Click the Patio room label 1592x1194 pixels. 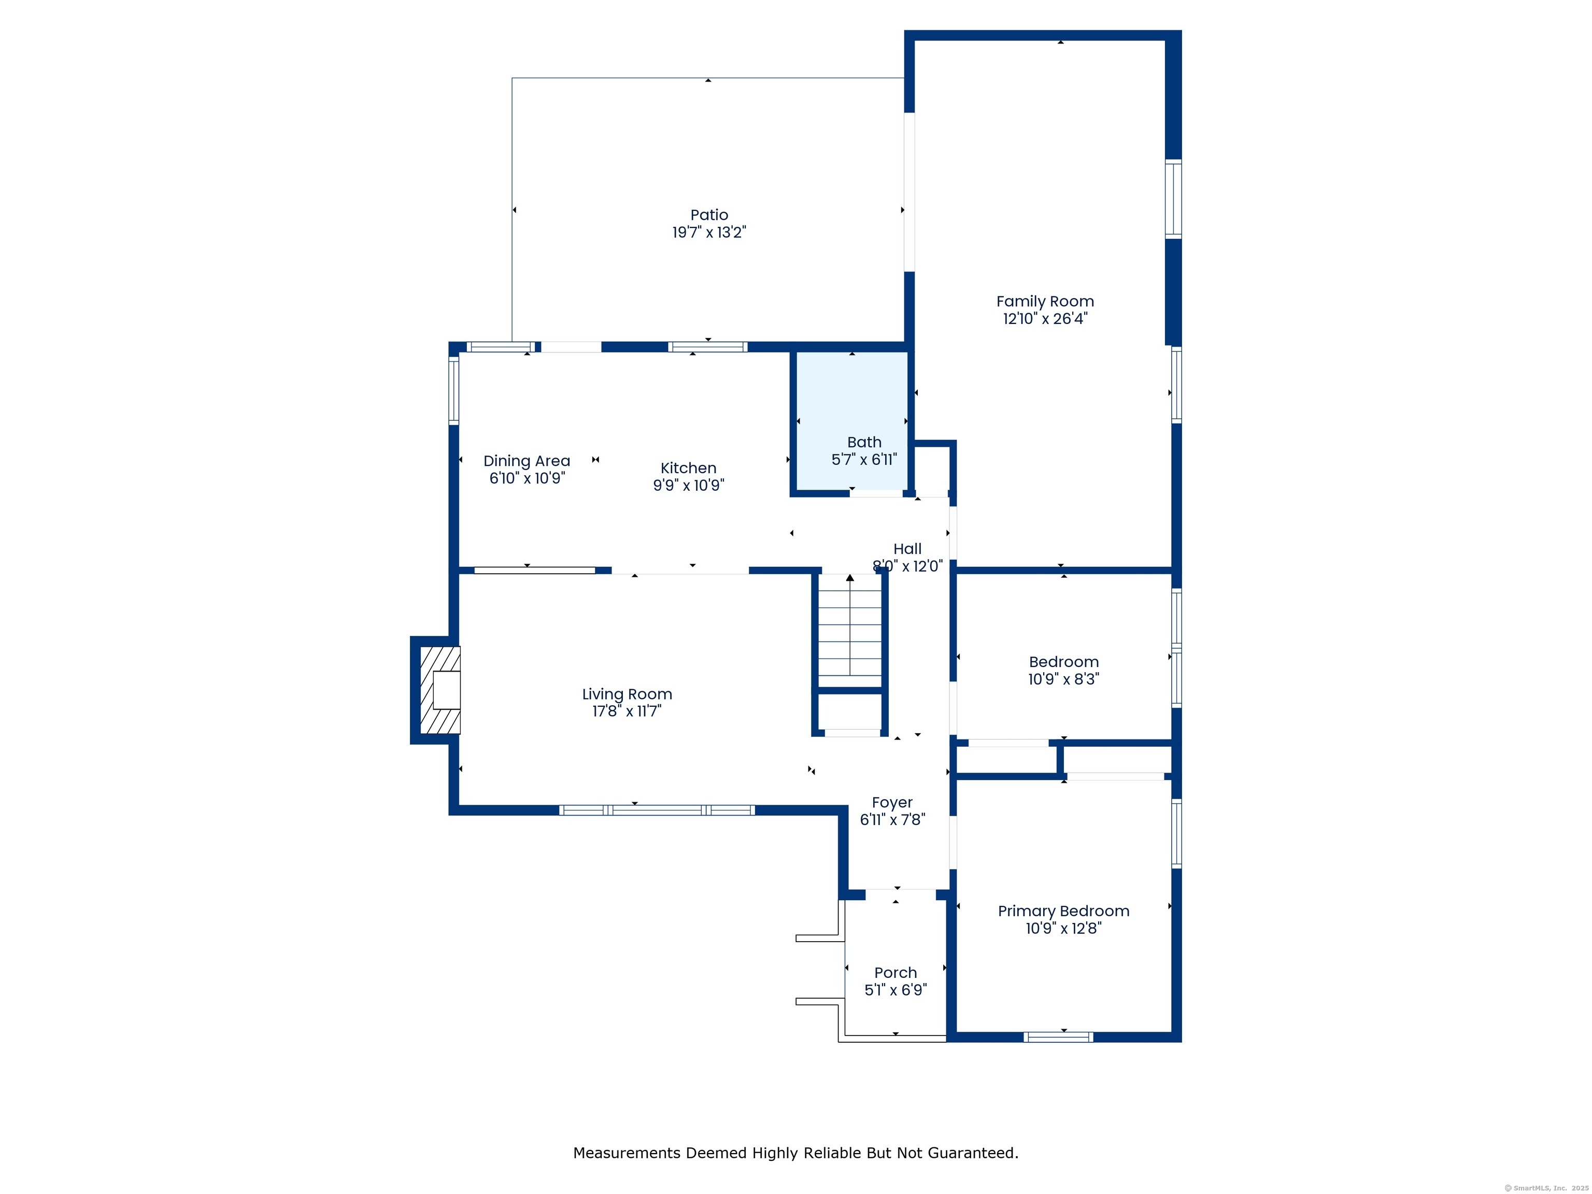(709, 215)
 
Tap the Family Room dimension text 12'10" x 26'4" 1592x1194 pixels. (1045, 319)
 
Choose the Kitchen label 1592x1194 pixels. (688, 468)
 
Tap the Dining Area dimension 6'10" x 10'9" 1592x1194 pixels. (527, 479)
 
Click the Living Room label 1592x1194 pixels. (627, 694)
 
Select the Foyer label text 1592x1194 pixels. (892, 802)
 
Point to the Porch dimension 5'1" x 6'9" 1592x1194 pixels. (895, 990)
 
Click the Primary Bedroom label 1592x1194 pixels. (1063, 911)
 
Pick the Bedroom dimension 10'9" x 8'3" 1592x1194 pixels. (1063, 679)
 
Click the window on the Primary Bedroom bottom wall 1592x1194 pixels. (1058, 1037)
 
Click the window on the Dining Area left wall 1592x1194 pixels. (453, 390)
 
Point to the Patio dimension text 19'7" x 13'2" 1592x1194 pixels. (709, 233)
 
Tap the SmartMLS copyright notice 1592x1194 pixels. (1546, 1188)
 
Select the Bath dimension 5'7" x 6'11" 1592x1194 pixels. (864, 460)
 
